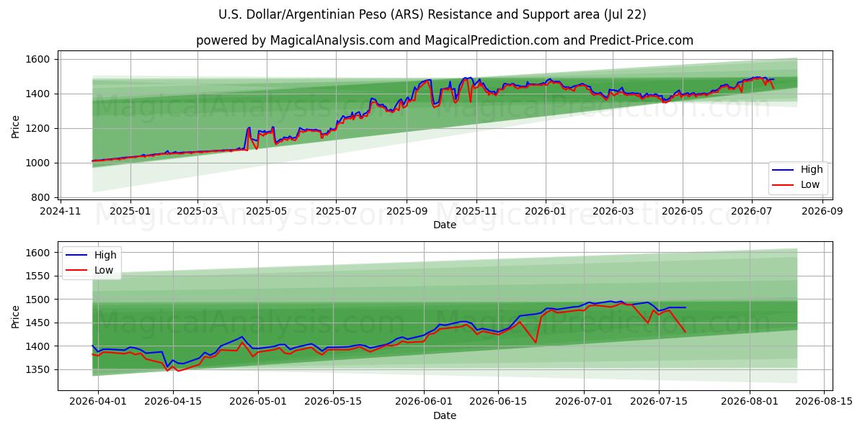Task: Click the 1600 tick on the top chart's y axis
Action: coord(37,59)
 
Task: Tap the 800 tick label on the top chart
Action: coord(40,197)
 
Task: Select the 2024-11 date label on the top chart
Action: coord(61,212)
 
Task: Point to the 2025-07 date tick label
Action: coord(336,212)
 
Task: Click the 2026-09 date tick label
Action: coord(822,212)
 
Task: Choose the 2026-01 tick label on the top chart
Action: coord(545,212)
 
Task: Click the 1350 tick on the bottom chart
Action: coord(37,370)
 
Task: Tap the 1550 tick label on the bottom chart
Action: coord(37,276)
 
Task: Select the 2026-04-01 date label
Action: coord(98,402)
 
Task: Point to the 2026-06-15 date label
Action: coord(498,402)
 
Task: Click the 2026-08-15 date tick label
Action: coord(824,402)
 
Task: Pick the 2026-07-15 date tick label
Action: coord(659,402)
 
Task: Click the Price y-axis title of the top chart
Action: coord(15,127)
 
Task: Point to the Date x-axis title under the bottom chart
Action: coord(445,415)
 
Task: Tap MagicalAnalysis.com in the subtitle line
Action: coord(332,40)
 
